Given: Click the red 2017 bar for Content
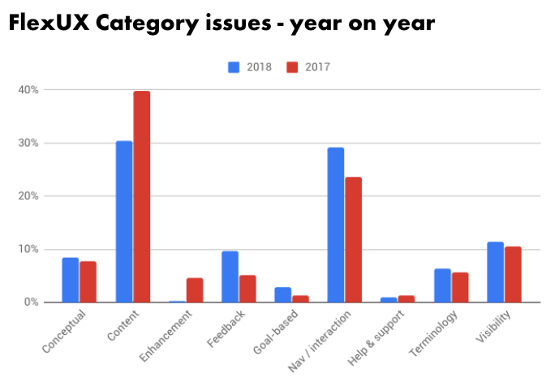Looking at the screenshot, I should pyautogui.click(x=142, y=197).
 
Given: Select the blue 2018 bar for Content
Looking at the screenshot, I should pyautogui.click(x=124, y=221).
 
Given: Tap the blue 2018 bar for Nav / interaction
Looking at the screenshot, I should pyautogui.click(x=336, y=225).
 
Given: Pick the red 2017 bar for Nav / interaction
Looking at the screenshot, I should pyautogui.click(x=354, y=239).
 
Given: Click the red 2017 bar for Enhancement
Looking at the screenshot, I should pyautogui.click(x=195, y=290).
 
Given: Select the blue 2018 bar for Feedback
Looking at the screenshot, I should pyautogui.click(x=230, y=277).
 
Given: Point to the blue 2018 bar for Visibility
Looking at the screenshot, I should pyautogui.click(x=495, y=272).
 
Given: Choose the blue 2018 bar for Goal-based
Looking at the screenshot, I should pyautogui.click(x=283, y=294).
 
